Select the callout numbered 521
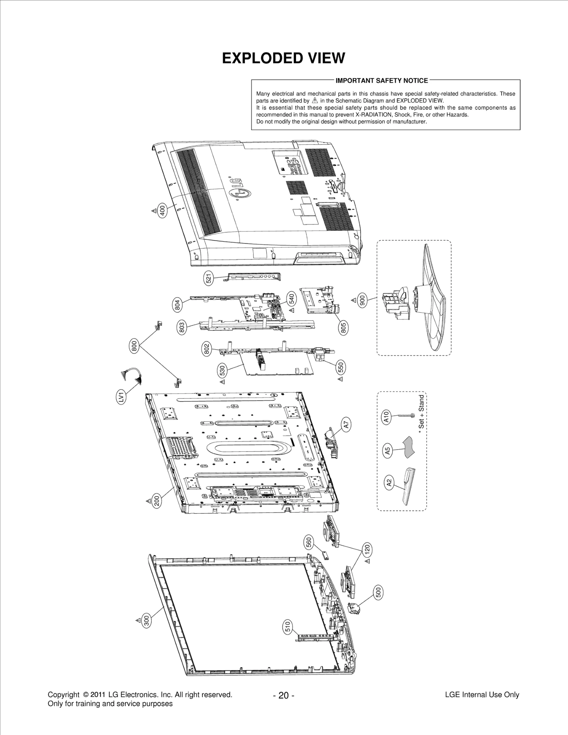[x=209, y=278]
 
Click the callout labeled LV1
[x=121, y=396]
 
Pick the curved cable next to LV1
[x=132, y=374]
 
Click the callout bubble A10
[x=387, y=417]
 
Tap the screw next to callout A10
[x=404, y=415]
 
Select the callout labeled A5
[x=388, y=451]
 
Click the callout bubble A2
[x=389, y=483]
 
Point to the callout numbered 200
[x=157, y=501]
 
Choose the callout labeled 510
[x=288, y=626]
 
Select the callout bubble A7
[x=346, y=424]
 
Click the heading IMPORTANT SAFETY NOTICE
[x=382, y=81]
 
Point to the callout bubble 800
[x=134, y=345]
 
